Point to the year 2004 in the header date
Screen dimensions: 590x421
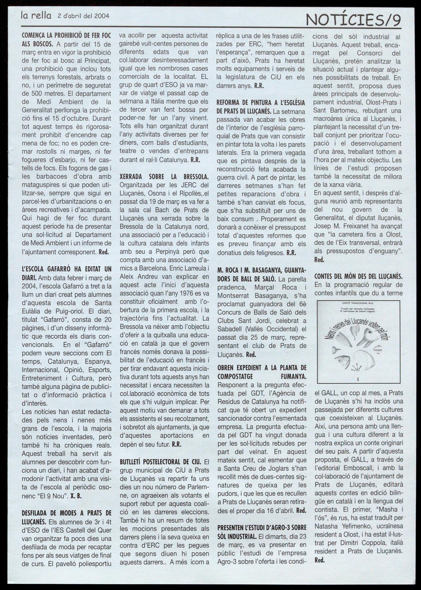point(101,15)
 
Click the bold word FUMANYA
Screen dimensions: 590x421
point(292,376)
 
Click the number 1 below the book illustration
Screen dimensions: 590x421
point(358,379)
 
